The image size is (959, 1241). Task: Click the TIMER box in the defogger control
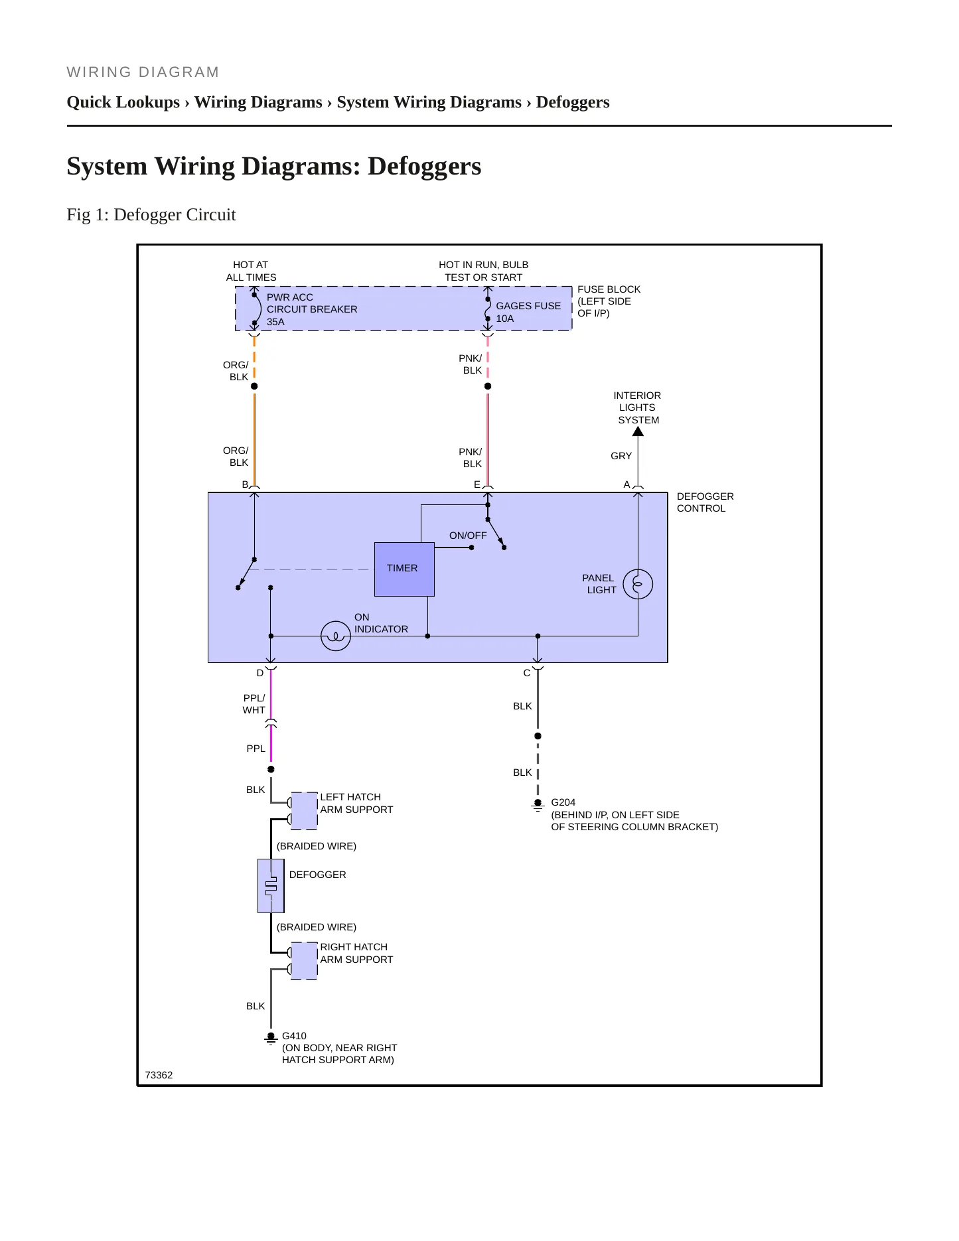tap(404, 569)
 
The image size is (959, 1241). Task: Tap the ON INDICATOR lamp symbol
tap(336, 636)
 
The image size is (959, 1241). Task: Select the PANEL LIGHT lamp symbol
tap(638, 584)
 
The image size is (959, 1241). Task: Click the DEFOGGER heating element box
tap(271, 886)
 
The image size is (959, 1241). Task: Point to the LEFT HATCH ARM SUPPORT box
tap(304, 810)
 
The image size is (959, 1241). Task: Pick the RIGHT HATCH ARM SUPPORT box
tap(304, 961)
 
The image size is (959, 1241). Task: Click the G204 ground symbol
tap(538, 805)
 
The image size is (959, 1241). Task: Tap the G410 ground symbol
tap(271, 1039)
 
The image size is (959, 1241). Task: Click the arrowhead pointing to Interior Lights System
tap(638, 431)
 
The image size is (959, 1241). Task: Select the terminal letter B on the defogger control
tap(245, 484)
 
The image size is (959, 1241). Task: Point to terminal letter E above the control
tap(477, 484)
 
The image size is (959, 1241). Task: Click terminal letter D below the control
tap(260, 673)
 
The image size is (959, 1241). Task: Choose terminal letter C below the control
tap(527, 673)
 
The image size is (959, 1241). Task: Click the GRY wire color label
tap(621, 456)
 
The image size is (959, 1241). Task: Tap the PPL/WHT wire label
tap(254, 704)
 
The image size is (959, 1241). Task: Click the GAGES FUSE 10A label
tap(528, 312)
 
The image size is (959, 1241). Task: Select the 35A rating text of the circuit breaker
tap(275, 322)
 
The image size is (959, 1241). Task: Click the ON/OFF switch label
tap(468, 536)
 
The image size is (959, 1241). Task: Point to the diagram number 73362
tap(159, 1075)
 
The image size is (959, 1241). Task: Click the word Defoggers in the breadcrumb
tap(573, 102)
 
